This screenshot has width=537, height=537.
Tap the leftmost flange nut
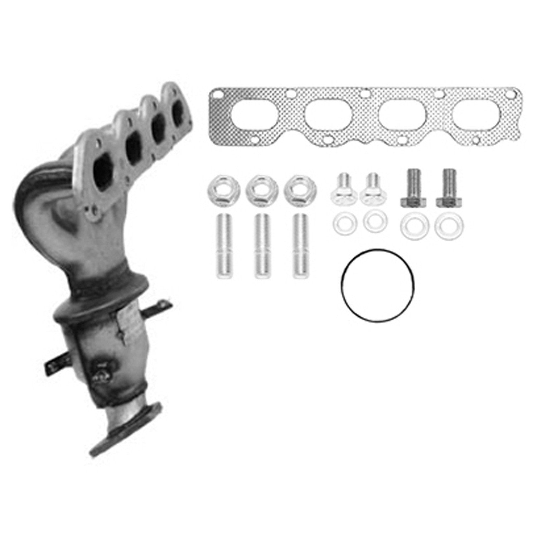pyautogui.click(x=219, y=189)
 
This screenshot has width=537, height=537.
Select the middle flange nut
pyautogui.click(x=258, y=189)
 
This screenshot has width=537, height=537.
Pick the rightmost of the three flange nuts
pyautogui.click(x=298, y=189)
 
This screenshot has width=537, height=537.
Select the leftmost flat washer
pyautogui.click(x=341, y=224)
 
